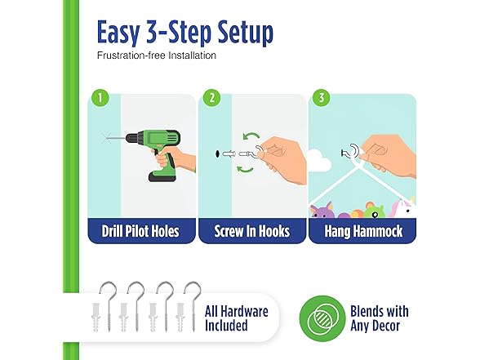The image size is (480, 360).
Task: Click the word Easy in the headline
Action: click(118, 33)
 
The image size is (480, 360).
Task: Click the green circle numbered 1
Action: click(100, 98)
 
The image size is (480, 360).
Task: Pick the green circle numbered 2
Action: click(212, 98)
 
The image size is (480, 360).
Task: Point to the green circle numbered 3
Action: click(322, 98)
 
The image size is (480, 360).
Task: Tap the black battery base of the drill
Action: click(162, 176)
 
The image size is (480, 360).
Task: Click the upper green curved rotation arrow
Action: click(251, 136)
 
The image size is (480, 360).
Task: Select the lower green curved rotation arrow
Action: click(246, 169)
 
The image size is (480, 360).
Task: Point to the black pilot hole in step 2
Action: click(217, 153)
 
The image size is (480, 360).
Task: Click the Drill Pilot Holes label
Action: click(140, 231)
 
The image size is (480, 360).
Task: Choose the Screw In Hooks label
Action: click(252, 231)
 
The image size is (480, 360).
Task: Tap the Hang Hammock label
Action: click(363, 231)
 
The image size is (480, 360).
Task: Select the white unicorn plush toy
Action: click(403, 208)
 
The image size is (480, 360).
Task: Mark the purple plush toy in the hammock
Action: click(322, 211)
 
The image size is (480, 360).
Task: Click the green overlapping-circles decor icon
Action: click(322, 318)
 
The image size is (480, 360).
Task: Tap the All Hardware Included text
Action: click(237, 318)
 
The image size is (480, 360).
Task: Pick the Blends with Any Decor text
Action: click(379, 318)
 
